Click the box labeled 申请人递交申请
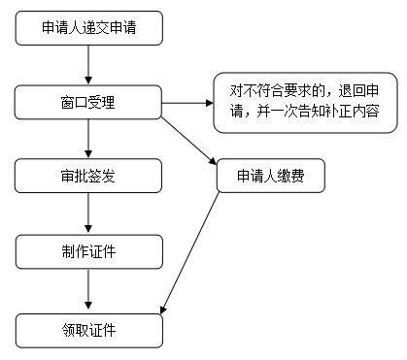pyautogui.click(x=88, y=28)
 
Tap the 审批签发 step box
pyautogui.click(x=88, y=177)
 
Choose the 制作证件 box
pyautogui.click(x=88, y=252)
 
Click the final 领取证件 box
pyautogui.click(x=88, y=330)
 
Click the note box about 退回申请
pyautogui.click(x=305, y=103)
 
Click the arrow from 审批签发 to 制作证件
pyautogui.click(x=88, y=214)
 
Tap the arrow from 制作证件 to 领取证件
pyautogui.click(x=88, y=291)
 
